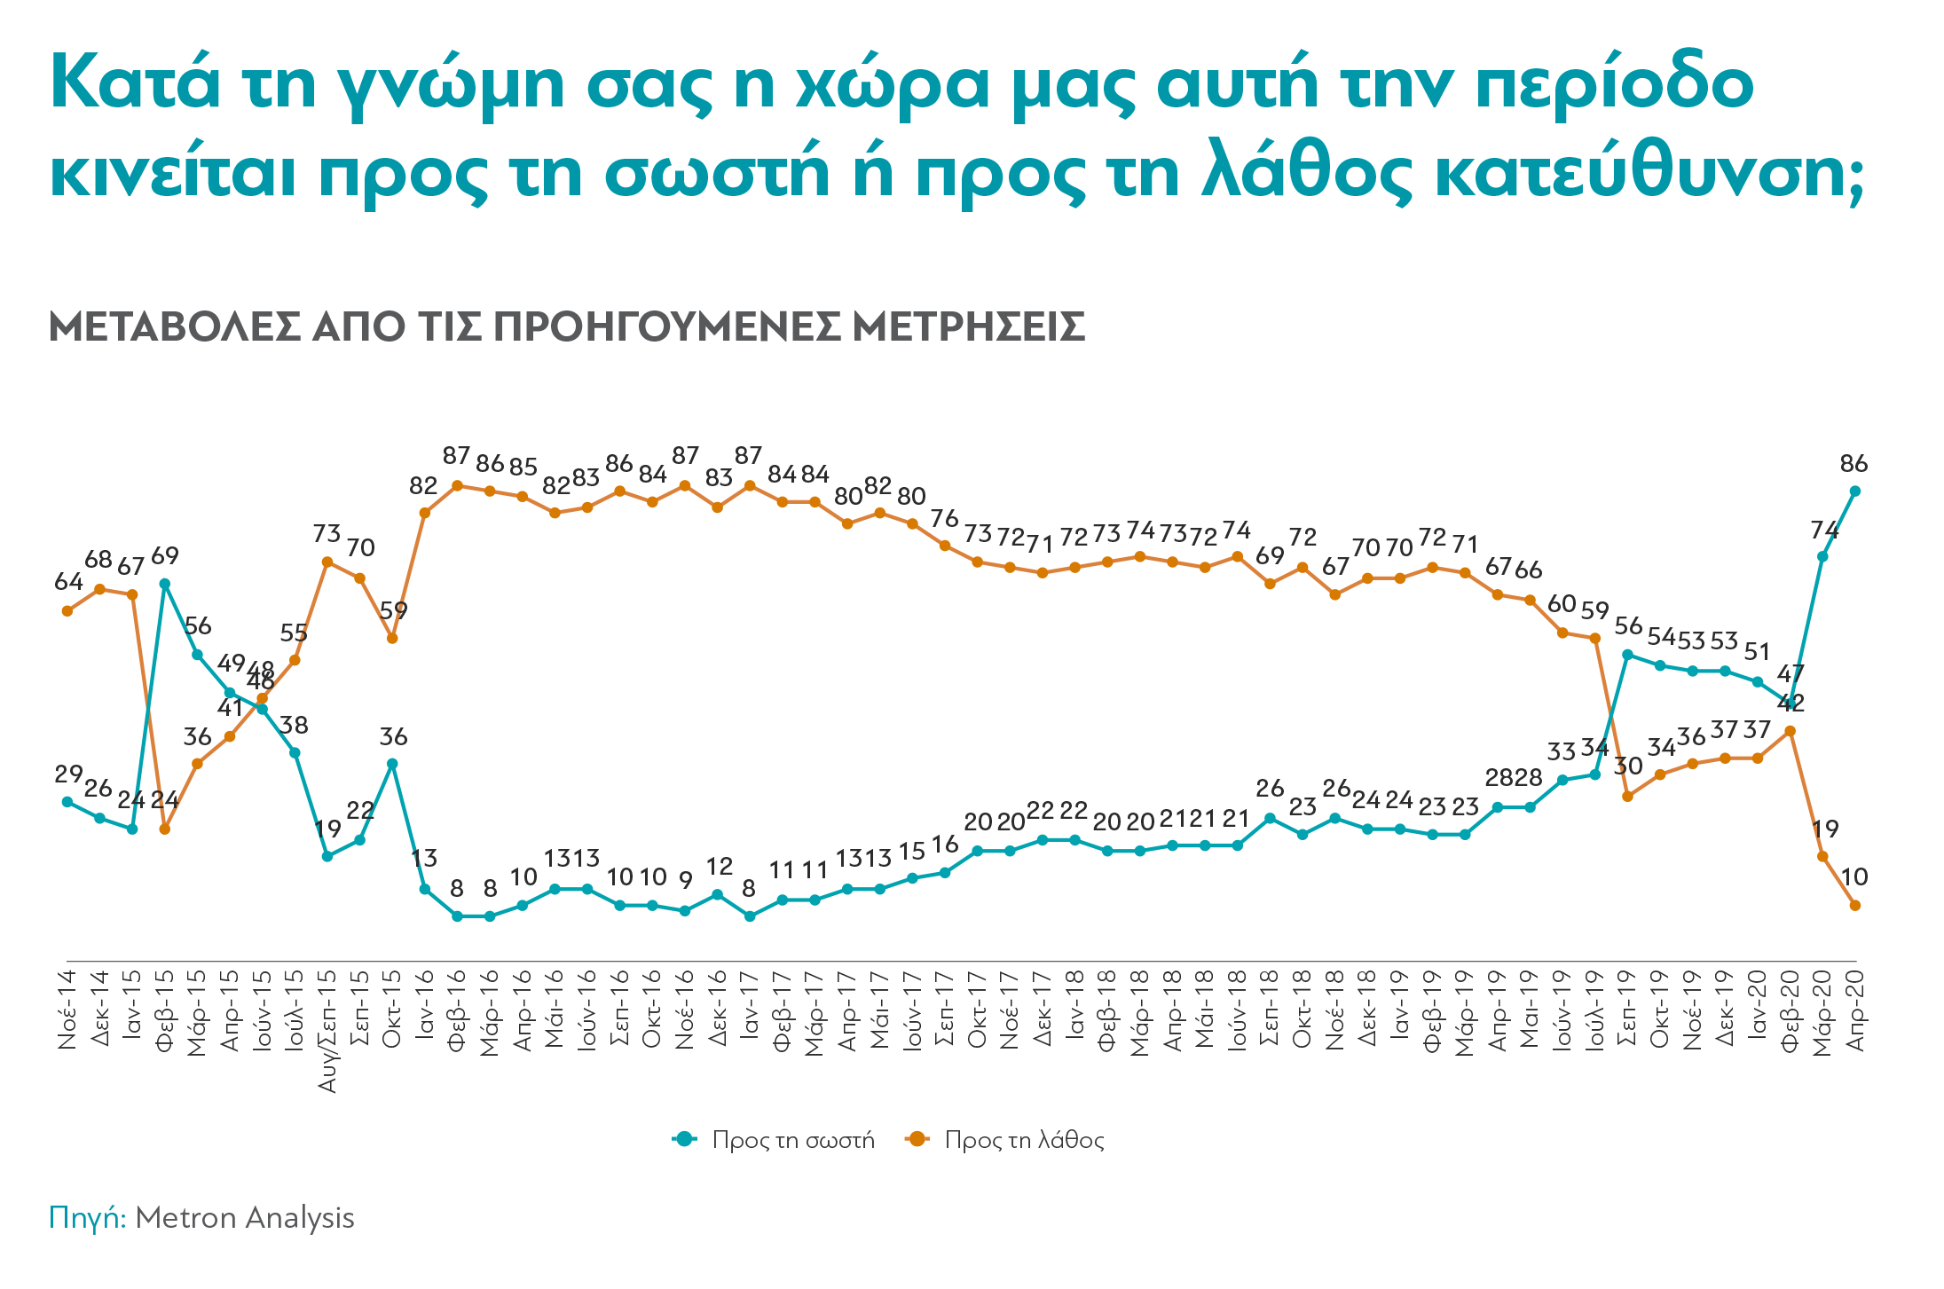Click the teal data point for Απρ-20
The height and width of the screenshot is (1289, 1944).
1854,491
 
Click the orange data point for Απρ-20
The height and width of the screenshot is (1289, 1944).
1854,905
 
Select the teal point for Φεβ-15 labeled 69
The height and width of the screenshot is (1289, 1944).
165,584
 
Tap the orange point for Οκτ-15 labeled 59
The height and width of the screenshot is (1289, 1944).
392,638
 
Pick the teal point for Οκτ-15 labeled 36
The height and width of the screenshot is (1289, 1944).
392,763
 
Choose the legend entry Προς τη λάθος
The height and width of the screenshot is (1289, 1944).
1024,1140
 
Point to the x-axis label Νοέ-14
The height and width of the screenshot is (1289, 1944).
67,1010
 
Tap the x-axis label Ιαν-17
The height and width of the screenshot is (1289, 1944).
750,1010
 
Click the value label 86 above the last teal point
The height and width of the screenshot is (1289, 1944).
1854,464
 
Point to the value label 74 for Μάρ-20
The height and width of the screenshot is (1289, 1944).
1824,531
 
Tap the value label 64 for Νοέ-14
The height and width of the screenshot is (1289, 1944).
68,582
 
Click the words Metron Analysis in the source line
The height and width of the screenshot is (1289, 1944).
245,1218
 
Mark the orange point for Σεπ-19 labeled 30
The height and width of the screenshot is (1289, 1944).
1627,796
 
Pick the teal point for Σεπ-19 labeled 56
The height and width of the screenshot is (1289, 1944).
1627,655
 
